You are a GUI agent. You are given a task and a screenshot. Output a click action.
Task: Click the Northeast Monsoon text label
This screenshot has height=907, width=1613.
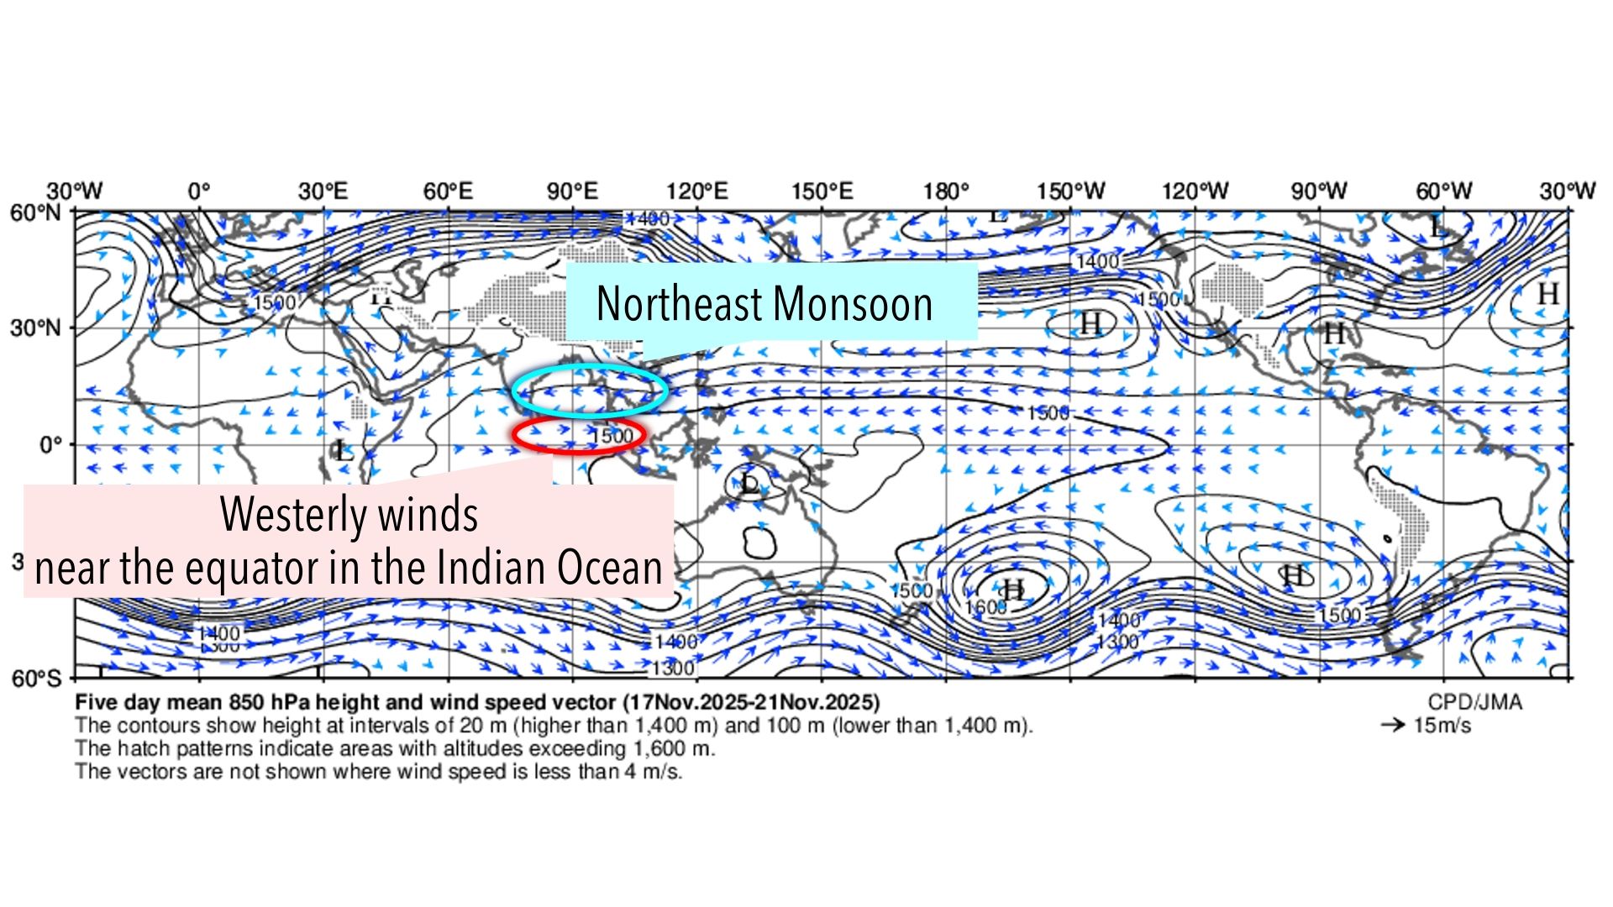764,303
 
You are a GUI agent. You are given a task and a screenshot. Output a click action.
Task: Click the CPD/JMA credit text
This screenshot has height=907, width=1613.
1474,702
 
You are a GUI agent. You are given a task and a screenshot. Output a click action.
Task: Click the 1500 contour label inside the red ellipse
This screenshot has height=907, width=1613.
612,436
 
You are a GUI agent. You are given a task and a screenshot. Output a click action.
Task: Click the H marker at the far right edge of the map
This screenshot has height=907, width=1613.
1547,294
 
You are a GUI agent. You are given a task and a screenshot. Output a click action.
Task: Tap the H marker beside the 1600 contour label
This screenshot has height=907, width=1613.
1014,590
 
